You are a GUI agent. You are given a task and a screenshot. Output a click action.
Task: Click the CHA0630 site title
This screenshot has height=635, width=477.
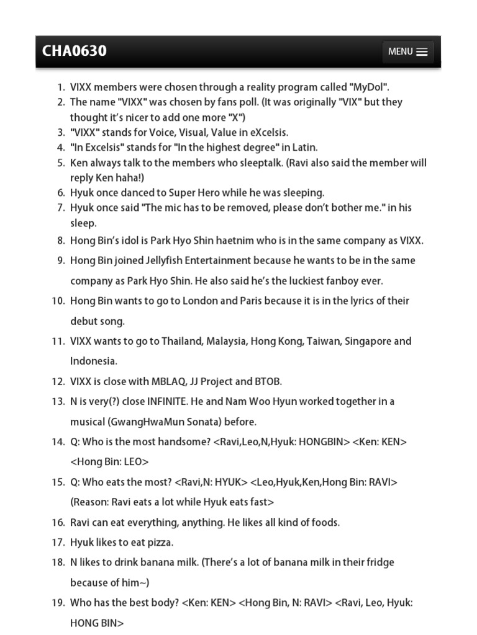click(x=74, y=51)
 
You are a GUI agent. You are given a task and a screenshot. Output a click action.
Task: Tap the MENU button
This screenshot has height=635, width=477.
click(x=407, y=52)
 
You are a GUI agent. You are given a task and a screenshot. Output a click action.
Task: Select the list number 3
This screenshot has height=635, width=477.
click(x=61, y=132)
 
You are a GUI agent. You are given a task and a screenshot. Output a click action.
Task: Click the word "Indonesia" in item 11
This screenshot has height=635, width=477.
click(x=93, y=361)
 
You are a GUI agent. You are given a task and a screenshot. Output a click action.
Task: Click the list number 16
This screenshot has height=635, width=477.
click(x=58, y=522)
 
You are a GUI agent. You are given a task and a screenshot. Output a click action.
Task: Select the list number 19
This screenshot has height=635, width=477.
click(x=58, y=603)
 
